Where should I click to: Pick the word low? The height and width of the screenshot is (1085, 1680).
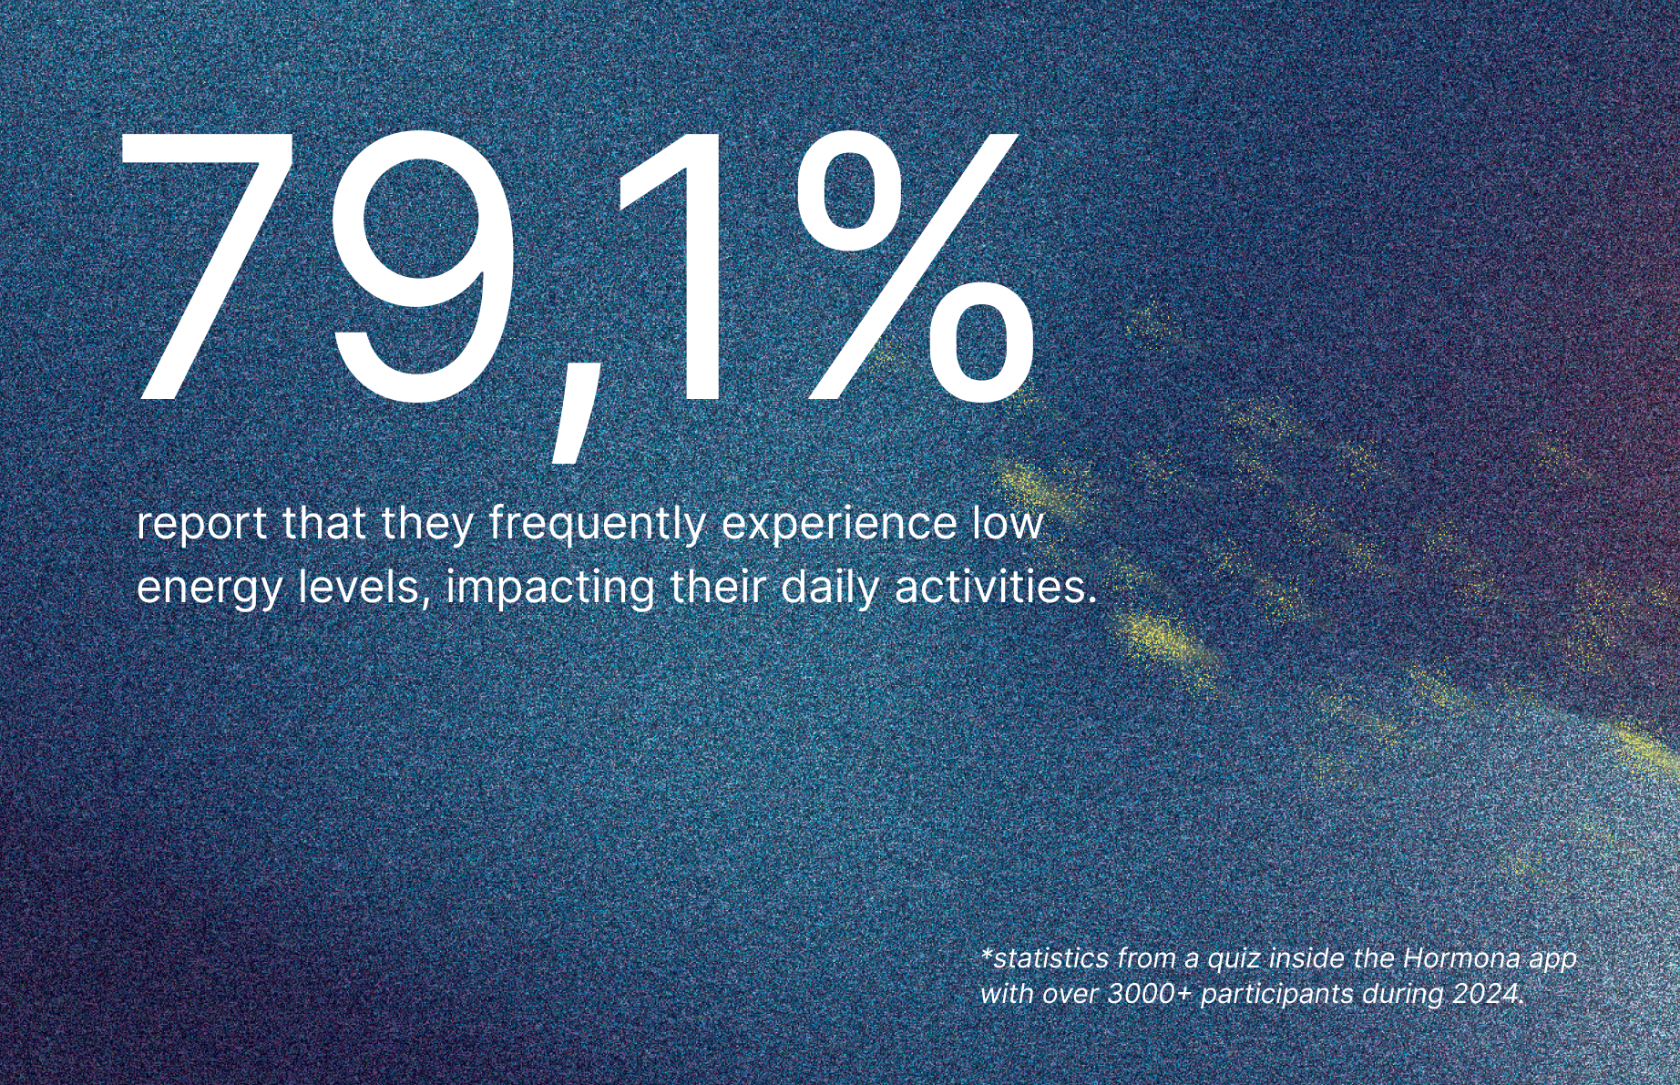[1007, 523]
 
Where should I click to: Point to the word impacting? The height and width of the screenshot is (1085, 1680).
[550, 588]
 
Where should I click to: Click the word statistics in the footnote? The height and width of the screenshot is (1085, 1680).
[1045, 958]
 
